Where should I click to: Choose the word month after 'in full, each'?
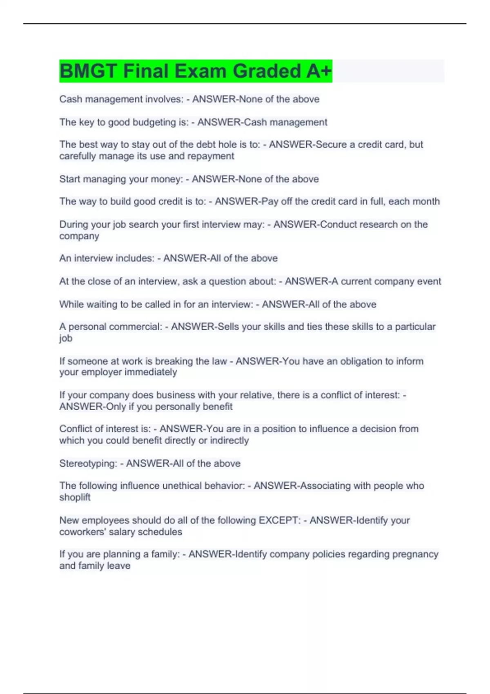pyautogui.click(x=426, y=201)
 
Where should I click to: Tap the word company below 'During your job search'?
pyautogui.click(x=79, y=236)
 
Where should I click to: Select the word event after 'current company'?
pyautogui.click(x=429, y=281)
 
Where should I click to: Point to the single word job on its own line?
pyautogui.click(x=66, y=338)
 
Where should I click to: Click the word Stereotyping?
pyautogui.click(x=88, y=463)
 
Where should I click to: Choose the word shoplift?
pyautogui.click(x=75, y=497)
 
